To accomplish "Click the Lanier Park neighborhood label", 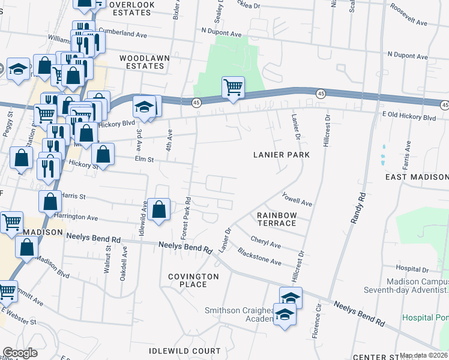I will pyautogui.click(x=281, y=155).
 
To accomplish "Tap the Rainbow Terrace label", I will pyautogui.click(x=277, y=219).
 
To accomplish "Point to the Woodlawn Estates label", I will pyautogui.click(x=144, y=62).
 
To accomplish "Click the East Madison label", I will pyautogui.click(x=417, y=177).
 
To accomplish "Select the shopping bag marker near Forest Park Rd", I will pyautogui.click(x=159, y=210).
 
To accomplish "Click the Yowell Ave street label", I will pyautogui.click(x=297, y=199).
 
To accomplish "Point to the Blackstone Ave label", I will pyautogui.click(x=259, y=257).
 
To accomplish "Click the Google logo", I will pyautogui.click(x=20, y=353).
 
